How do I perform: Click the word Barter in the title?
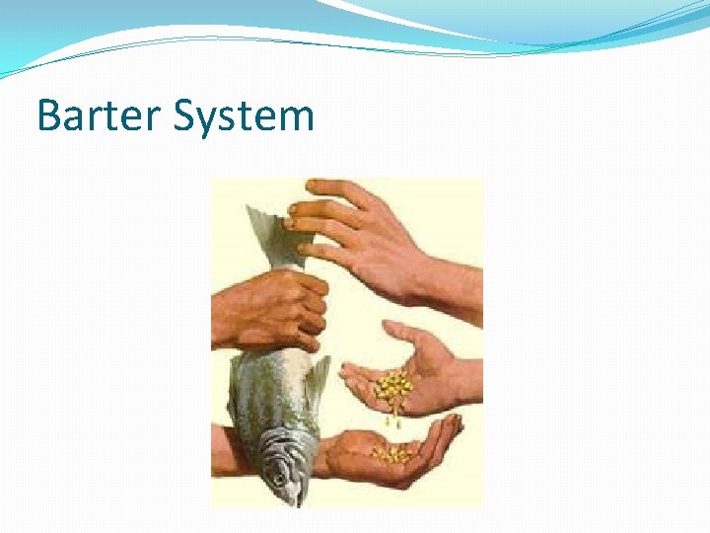click(x=98, y=116)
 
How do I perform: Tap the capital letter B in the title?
click(x=48, y=116)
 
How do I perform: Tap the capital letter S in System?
click(x=182, y=116)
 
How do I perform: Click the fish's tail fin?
click(x=269, y=232)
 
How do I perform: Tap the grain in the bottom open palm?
click(x=392, y=454)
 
